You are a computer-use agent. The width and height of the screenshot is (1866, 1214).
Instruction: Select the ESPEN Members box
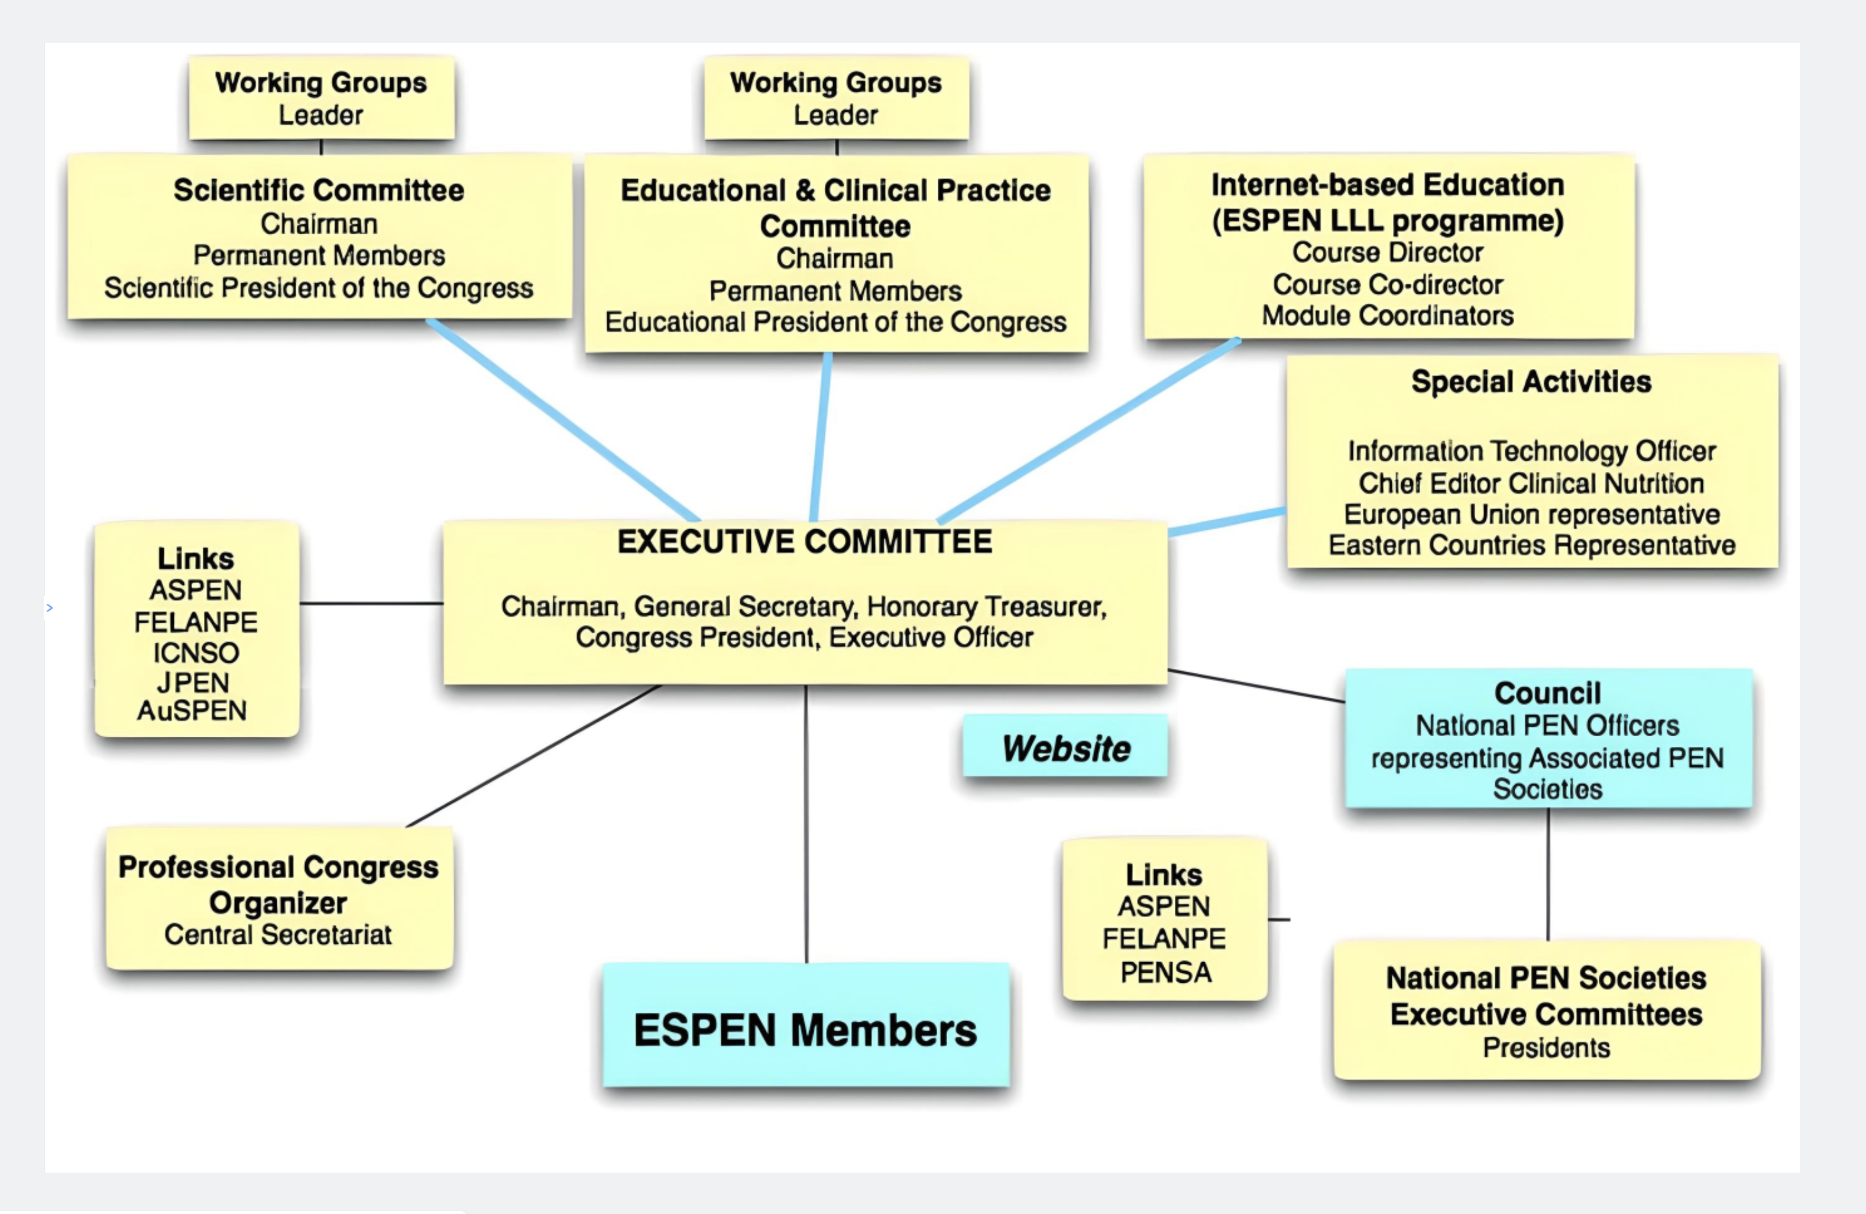[806, 1025]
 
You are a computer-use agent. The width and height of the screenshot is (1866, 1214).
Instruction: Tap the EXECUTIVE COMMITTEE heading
[805, 542]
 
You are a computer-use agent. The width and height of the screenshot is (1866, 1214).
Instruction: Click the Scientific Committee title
[319, 190]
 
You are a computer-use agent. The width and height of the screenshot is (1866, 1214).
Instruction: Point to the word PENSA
[1166, 973]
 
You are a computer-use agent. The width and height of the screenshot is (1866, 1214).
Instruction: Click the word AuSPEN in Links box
[192, 711]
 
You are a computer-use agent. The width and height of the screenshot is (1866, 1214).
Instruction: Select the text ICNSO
[196, 652]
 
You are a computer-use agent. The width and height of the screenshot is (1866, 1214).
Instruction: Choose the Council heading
[1548, 692]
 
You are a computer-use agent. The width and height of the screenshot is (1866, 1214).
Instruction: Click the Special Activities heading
[1531, 382]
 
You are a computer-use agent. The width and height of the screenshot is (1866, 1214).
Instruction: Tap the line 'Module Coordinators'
[1388, 315]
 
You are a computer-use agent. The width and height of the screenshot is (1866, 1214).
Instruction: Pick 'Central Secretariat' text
[278, 935]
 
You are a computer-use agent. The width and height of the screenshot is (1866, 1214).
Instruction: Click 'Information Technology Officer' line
[1532, 451]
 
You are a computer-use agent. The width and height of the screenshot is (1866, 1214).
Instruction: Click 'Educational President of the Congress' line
[836, 322]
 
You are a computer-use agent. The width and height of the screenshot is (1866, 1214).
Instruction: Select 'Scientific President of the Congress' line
[319, 288]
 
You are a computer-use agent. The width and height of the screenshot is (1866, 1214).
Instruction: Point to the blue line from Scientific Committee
[563, 420]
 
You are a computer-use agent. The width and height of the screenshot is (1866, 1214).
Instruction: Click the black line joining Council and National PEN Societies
[1548, 873]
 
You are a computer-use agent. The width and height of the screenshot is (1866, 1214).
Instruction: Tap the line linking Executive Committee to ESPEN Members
[806, 824]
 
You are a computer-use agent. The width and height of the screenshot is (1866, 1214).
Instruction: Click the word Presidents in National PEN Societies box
[1547, 1048]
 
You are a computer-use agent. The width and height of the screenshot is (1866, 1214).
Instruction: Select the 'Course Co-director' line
[1388, 284]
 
